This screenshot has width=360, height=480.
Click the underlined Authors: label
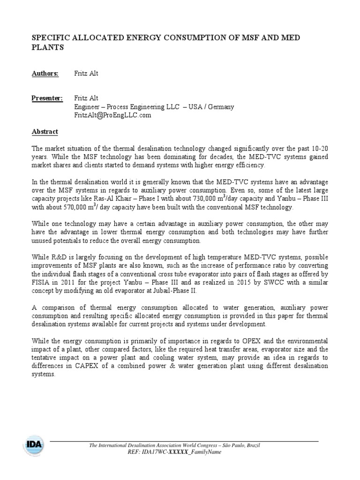(x=45, y=74)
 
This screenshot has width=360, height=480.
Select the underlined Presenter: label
(x=47, y=98)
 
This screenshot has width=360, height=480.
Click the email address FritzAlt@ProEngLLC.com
(x=112, y=115)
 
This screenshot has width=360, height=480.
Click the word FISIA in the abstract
(x=41, y=283)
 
